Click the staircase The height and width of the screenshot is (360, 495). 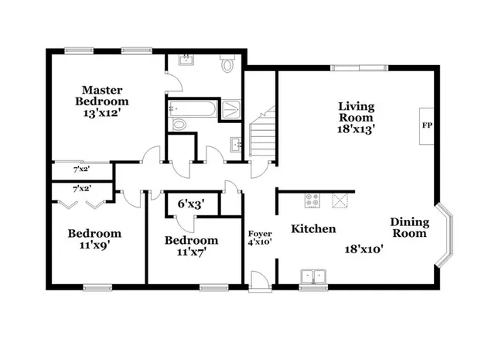point(263,135)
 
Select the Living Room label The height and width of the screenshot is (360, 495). point(357,111)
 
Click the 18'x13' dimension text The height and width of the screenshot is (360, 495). point(357,129)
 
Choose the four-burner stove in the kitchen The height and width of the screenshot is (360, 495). point(313,201)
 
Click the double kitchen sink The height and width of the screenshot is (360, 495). point(313,275)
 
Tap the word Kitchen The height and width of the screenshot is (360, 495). point(313,229)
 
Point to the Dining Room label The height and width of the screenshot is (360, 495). point(410,227)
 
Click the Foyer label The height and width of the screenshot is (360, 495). point(259,233)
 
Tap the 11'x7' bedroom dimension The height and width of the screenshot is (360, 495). point(190,251)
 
